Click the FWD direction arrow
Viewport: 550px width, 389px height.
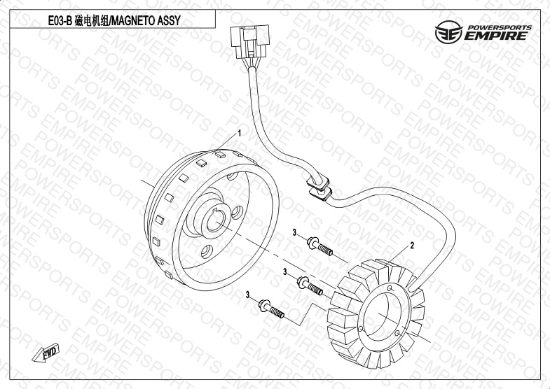pyautogui.click(x=46, y=353)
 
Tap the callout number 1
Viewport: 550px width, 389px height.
pyautogui.click(x=240, y=133)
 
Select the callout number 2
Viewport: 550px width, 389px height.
pyautogui.click(x=412, y=246)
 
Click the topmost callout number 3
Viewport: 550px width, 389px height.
pyautogui.click(x=295, y=232)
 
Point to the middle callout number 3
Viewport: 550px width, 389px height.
pyautogui.click(x=285, y=271)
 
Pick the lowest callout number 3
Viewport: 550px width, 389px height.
pyautogui.click(x=247, y=295)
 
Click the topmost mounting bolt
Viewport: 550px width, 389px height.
pyautogui.click(x=319, y=246)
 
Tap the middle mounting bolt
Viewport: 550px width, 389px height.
pyautogui.click(x=310, y=285)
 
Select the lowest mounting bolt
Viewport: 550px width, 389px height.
pyautogui.click(x=271, y=309)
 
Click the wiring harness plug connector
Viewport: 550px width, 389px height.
pyautogui.click(x=249, y=42)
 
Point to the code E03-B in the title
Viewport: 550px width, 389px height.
pyautogui.click(x=60, y=21)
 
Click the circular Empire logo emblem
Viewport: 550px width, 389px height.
pyautogui.click(x=448, y=32)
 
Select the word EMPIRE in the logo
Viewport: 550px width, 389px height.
pyautogui.click(x=496, y=36)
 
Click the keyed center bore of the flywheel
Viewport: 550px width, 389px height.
pyautogui.click(x=214, y=221)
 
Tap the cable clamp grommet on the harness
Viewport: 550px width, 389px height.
pyautogui.click(x=319, y=188)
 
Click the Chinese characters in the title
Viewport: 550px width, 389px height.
pyautogui.click(x=91, y=21)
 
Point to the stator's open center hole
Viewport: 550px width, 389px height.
pyautogui.click(x=382, y=316)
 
